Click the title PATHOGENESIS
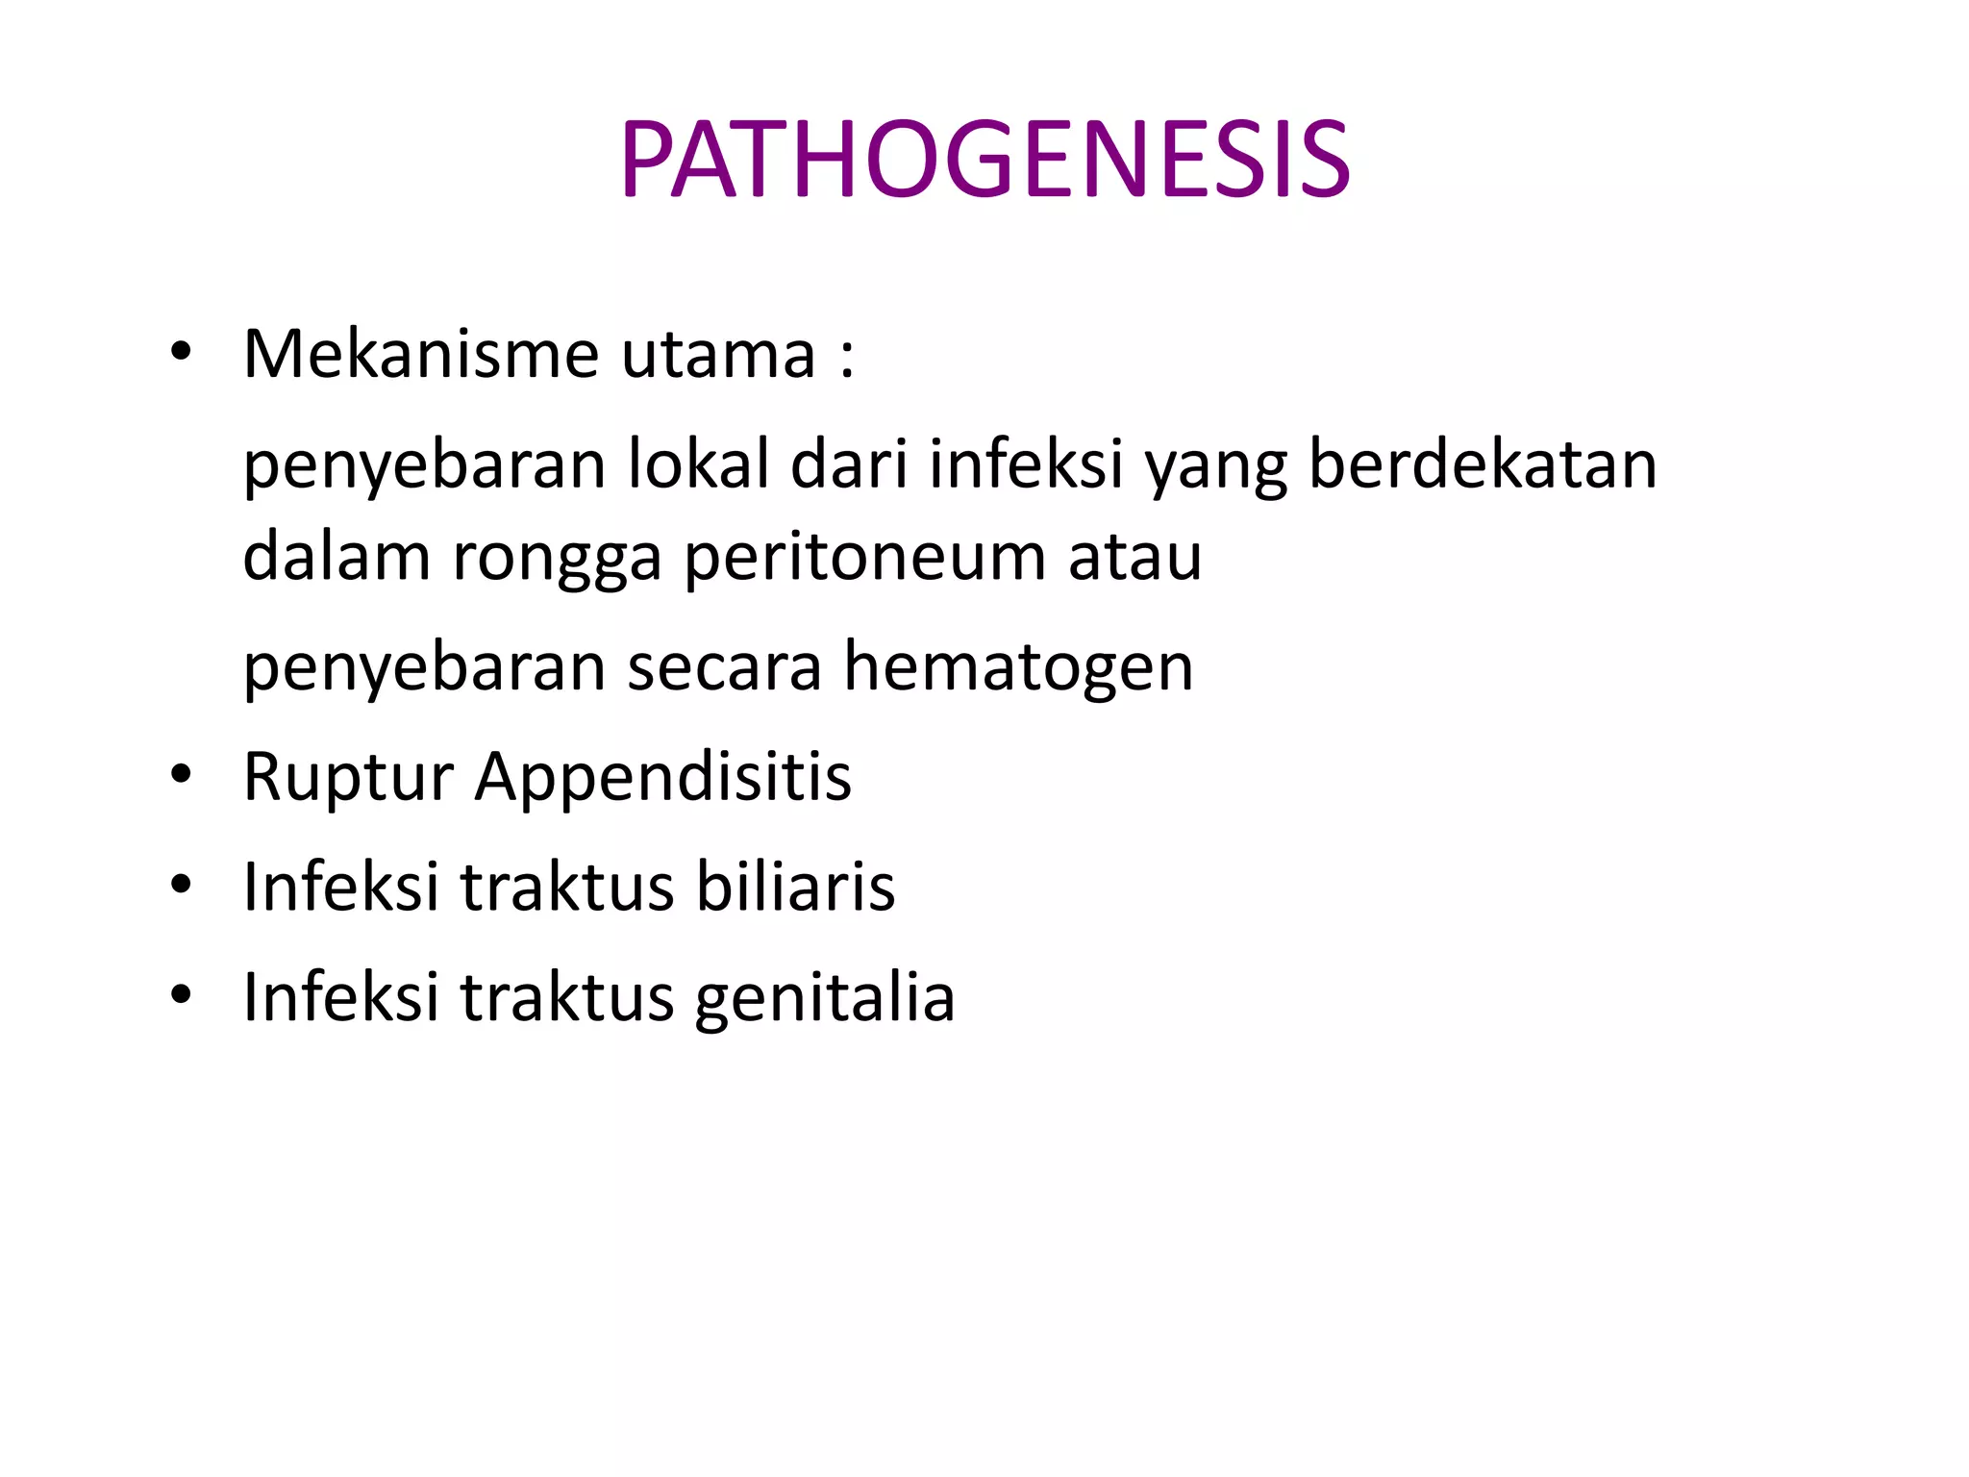[x=984, y=160]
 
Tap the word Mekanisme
[x=421, y=354]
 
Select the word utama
[x=718, y=354]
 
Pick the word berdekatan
[x=1483, y=464]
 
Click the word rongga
[x=557, y=558]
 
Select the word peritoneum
[x=864, y=558]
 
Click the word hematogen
[x=1018, y=666]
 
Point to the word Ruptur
[x=348, y=776]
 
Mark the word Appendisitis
[x=663, y=776]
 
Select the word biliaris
[x=795, y=886]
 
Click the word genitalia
[x=824, y=997]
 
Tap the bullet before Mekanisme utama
[x=180, y=354]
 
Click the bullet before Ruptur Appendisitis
[x=180, y=775]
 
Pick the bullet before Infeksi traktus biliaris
[x=180, y=885]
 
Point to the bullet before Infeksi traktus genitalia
[x=180, y=995]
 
